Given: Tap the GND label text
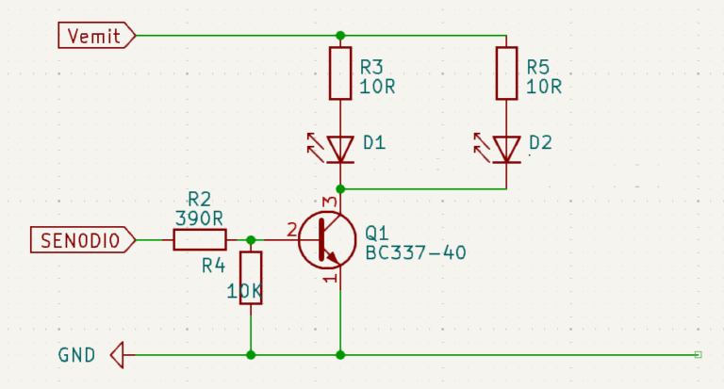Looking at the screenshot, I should pos(76,355).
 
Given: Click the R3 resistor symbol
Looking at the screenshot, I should pos(340,73).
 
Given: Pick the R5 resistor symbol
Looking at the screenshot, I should pos(506,73).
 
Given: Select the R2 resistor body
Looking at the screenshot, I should pos(200,240).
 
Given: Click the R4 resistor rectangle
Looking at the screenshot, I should pos(251,278).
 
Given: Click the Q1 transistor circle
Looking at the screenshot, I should pos(326,240).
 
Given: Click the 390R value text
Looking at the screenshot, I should pos(199,218).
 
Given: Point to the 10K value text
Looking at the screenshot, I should pos(244,292).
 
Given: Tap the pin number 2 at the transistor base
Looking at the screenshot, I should pos(291,228).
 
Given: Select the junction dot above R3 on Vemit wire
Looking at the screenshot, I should pos(340,36).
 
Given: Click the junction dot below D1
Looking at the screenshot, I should pos(340,188).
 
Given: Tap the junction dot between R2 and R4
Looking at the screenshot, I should pos(251,240).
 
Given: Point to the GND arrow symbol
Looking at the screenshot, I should pos(118,355).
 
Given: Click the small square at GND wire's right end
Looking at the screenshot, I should pos(698,354).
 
